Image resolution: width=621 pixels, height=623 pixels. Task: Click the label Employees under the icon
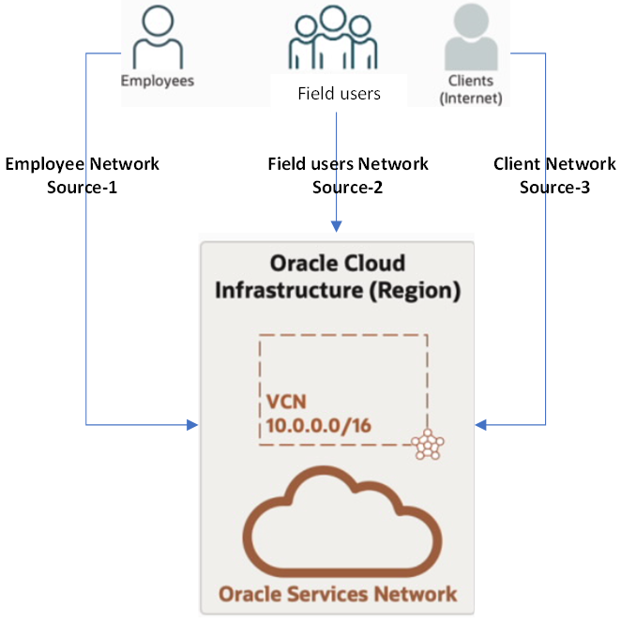pyautogui.click(x=157, y=81)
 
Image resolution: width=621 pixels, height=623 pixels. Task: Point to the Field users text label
pyautogui.click(x=339, y=94)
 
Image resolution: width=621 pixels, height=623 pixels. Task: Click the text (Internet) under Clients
pyautogui.click(x=471, y=98)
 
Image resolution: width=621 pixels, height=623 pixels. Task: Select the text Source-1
pyautogui.click(x=83, y=187)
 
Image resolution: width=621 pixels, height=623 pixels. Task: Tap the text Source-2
pyautogui.click(x=348, y=187)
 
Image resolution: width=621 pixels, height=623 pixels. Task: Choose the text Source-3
pyautogui.click(x=554, y=187)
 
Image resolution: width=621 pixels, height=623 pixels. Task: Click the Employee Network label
pyautogui.click(x=83, y=164)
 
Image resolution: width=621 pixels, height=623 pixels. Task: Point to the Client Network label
pyautogui.click(x=554, y=164)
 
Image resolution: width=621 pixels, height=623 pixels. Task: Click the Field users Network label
pyautogui.click(x=348, y=164)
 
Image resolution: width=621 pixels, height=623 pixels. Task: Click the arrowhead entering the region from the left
pyautogui.click(x=192, y=426)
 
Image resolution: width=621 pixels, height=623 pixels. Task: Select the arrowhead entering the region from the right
pyautogui.click(x=481, y=426)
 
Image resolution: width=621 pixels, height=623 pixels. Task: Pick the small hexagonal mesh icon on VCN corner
pyautogui.click(x=428, y=445)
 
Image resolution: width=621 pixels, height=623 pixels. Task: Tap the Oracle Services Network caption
pyautogui.click(x=338, y=594)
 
